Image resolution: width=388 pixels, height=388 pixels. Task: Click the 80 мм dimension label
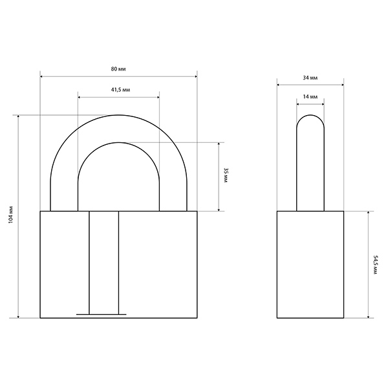pos(118,69)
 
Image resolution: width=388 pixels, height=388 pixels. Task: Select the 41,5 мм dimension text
pos(120,90)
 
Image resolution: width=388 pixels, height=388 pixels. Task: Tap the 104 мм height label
pos(10,215)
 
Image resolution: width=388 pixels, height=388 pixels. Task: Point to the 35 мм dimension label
pos(226,175)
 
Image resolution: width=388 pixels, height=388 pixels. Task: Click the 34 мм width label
pos(310,78)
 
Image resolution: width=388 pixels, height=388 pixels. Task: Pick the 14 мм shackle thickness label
pos(310,96)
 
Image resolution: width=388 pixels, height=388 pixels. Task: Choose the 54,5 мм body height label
pos(375,264)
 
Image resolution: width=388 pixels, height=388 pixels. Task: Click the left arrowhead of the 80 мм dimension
pos(41,76)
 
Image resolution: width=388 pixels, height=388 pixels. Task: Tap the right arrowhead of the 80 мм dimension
pos(195,76)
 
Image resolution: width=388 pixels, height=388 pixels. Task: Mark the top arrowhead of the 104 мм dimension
pos(18,116)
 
